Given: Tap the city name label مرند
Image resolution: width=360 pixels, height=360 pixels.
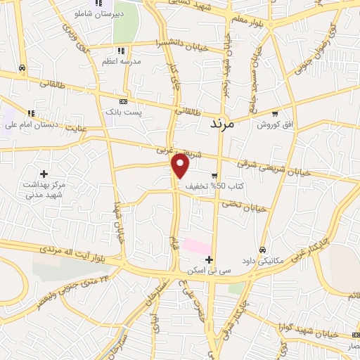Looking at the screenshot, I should tap(226, 123).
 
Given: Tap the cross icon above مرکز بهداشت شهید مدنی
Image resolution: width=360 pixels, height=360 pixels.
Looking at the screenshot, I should tap(44, 173).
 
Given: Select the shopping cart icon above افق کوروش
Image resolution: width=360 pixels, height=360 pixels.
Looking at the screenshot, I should tap(276, 113).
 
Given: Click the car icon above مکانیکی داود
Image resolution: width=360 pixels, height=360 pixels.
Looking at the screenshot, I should tap(262, 250).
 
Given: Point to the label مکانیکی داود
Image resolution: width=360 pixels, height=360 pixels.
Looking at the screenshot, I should tap(261, 260).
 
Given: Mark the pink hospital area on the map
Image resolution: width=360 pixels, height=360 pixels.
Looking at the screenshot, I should tap(197, 247).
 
